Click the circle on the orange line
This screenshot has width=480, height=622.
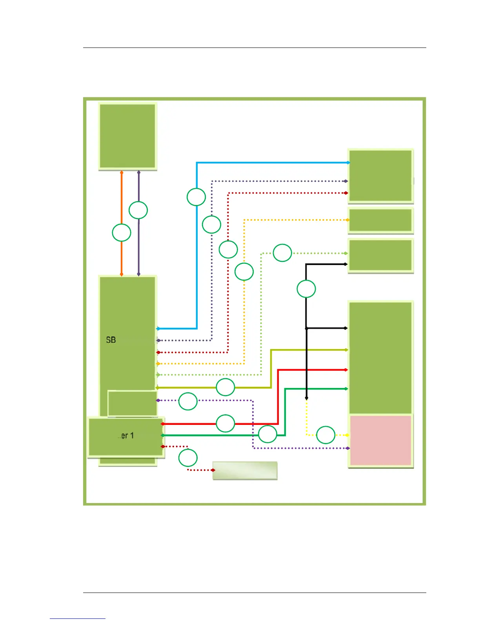[x=122, y=232]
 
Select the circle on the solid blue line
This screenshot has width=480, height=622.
[x=196, y=197]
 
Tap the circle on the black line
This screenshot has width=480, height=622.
[x=306, y=289]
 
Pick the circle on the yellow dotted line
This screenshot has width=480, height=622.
[x=325, y=435]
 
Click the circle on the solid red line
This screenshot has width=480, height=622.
[x=225, y=423]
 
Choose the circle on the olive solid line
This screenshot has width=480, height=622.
[x=225, y=387]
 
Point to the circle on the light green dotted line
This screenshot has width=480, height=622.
[x=282, y=253]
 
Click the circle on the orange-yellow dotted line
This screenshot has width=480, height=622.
[x=244, y=271]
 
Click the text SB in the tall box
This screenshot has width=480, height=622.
[x=111, y=340]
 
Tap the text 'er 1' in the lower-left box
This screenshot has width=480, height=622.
[x=126, y=435]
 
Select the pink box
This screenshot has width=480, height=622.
[x=380, y=440]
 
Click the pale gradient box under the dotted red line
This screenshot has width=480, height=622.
[x=245, y=470]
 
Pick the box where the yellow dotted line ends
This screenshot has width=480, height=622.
[x=380, y=440]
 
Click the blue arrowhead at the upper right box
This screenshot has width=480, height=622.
[x=348, y=163]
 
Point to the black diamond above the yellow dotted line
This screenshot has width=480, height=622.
[x=307, y=398]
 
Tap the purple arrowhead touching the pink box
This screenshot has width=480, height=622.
[x=347, y=448]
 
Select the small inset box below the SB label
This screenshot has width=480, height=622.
[x=133, y=403]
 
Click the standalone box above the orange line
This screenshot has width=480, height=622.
[x=127, y=136]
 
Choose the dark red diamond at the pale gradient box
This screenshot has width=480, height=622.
[x=213, y=470]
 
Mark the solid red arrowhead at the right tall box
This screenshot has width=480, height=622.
[x=345, y=370]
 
